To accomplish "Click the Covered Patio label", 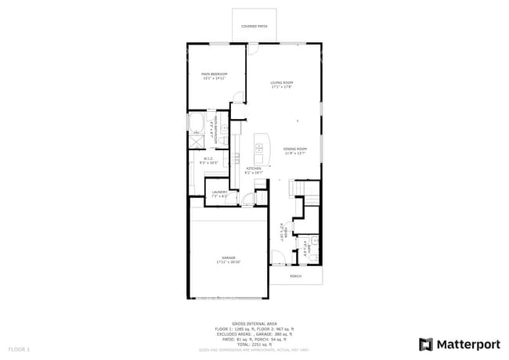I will [x=254, y=26].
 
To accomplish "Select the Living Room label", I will [x=282, y=84].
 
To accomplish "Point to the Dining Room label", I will [x=294, y=150].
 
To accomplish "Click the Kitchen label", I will [x=254, y=170].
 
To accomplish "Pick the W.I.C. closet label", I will [x=209, y=160].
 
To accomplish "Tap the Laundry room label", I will [x=219, y=193].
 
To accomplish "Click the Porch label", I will [x=295, y=276].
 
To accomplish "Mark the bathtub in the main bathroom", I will [x=196, y=124].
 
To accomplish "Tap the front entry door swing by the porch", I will [x=278, y=257].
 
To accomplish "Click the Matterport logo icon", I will [x=426, y=344].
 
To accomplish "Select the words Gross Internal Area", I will [x=254, y=322].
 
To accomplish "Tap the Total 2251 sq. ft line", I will [x=254, y=344].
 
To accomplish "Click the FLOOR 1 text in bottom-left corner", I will [x=19, y=348].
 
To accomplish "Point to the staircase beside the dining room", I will [x=305, y=189].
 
